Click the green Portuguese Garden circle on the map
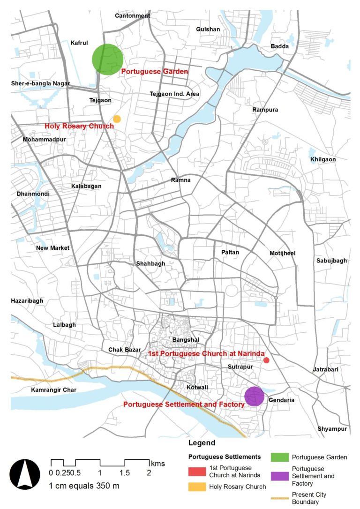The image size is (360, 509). (107, 59)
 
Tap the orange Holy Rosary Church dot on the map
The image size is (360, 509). (117, 119)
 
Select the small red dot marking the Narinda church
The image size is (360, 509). (266, 360)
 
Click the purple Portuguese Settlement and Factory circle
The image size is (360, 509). (254, 397)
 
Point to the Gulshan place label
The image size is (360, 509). (208, 29)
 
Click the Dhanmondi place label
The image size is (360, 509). (33, 194)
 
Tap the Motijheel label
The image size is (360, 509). (283, 253)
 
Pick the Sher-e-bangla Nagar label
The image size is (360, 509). (40, 84)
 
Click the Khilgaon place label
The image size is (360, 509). (323, 159)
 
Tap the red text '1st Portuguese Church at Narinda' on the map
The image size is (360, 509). (207, 353)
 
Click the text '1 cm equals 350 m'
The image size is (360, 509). (84, 486)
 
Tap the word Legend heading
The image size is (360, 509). (202, 443)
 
